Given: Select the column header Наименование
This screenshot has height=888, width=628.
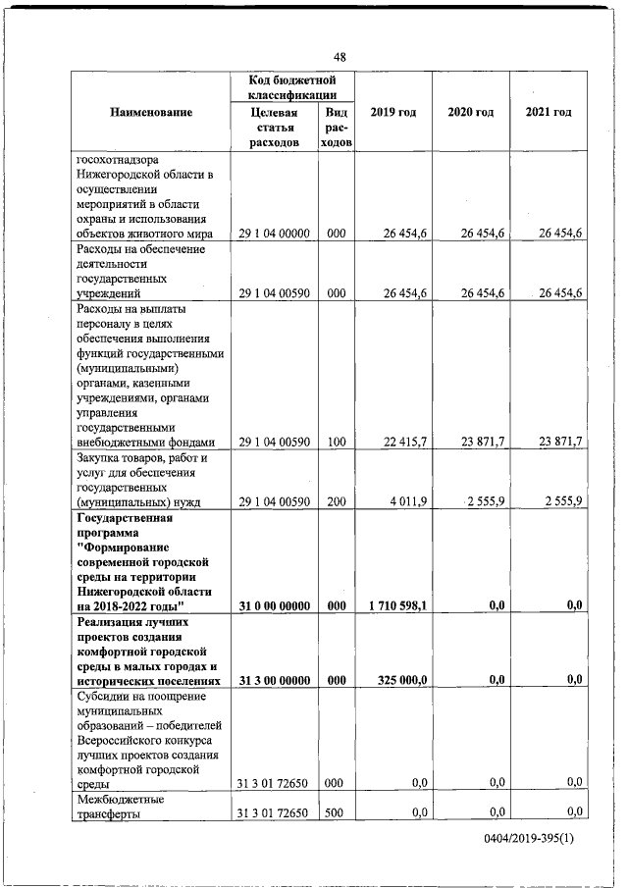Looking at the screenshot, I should (x=151, y=112).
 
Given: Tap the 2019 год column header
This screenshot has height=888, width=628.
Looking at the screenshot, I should (x=392, y=112).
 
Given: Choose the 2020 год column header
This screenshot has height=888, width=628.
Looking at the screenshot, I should (x=470, y=112).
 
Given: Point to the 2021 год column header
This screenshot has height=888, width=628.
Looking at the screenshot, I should (x=548, y=112).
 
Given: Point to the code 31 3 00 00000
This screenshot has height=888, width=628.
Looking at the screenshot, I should (x=275, y=680).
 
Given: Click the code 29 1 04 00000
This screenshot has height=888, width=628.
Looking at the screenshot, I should (x=275, y=233).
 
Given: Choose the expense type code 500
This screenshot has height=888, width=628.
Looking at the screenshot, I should (x=337, y=812).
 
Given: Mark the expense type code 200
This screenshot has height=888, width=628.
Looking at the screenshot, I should (x=337, y=502).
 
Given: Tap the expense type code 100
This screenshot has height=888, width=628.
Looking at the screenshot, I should (x=337, y=443).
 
